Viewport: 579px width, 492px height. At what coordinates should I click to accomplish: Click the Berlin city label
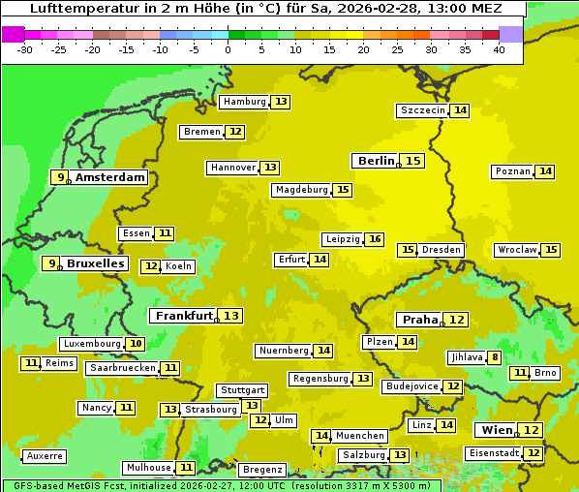(x=376, y=161)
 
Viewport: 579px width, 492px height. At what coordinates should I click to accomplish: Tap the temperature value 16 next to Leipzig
(x=375, y=239)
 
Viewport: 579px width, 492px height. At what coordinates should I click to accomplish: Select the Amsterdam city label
(x=110, y=177)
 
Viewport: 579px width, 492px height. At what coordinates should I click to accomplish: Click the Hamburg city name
(x=243, y=102)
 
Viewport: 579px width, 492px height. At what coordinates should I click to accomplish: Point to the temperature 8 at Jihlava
(x=495, y=357)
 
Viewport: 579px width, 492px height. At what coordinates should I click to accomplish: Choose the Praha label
(x=420, y=320)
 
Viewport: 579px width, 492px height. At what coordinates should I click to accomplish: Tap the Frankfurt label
(x=184, y=316)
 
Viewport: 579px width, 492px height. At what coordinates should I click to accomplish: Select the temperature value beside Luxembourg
(x=136, y=344)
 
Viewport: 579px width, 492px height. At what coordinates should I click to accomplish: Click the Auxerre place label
(x=46, y=455)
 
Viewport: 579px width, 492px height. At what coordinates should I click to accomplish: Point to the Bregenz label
(x=262, y=470)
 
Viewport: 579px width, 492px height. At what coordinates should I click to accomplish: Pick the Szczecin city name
(x=423, y=110)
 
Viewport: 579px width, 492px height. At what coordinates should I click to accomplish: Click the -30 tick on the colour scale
(x=25, y=49)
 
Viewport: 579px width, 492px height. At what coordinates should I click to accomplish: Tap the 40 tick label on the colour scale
(x=499, y=49)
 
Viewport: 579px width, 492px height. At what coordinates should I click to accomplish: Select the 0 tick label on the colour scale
(x=229, y=49)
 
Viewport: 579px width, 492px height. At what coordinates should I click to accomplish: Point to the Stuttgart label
(x=242, y=390)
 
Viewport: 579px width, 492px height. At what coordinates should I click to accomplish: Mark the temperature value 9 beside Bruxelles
(x=51, y=263)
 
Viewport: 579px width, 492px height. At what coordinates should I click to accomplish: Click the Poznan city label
(x=513, y=171)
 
